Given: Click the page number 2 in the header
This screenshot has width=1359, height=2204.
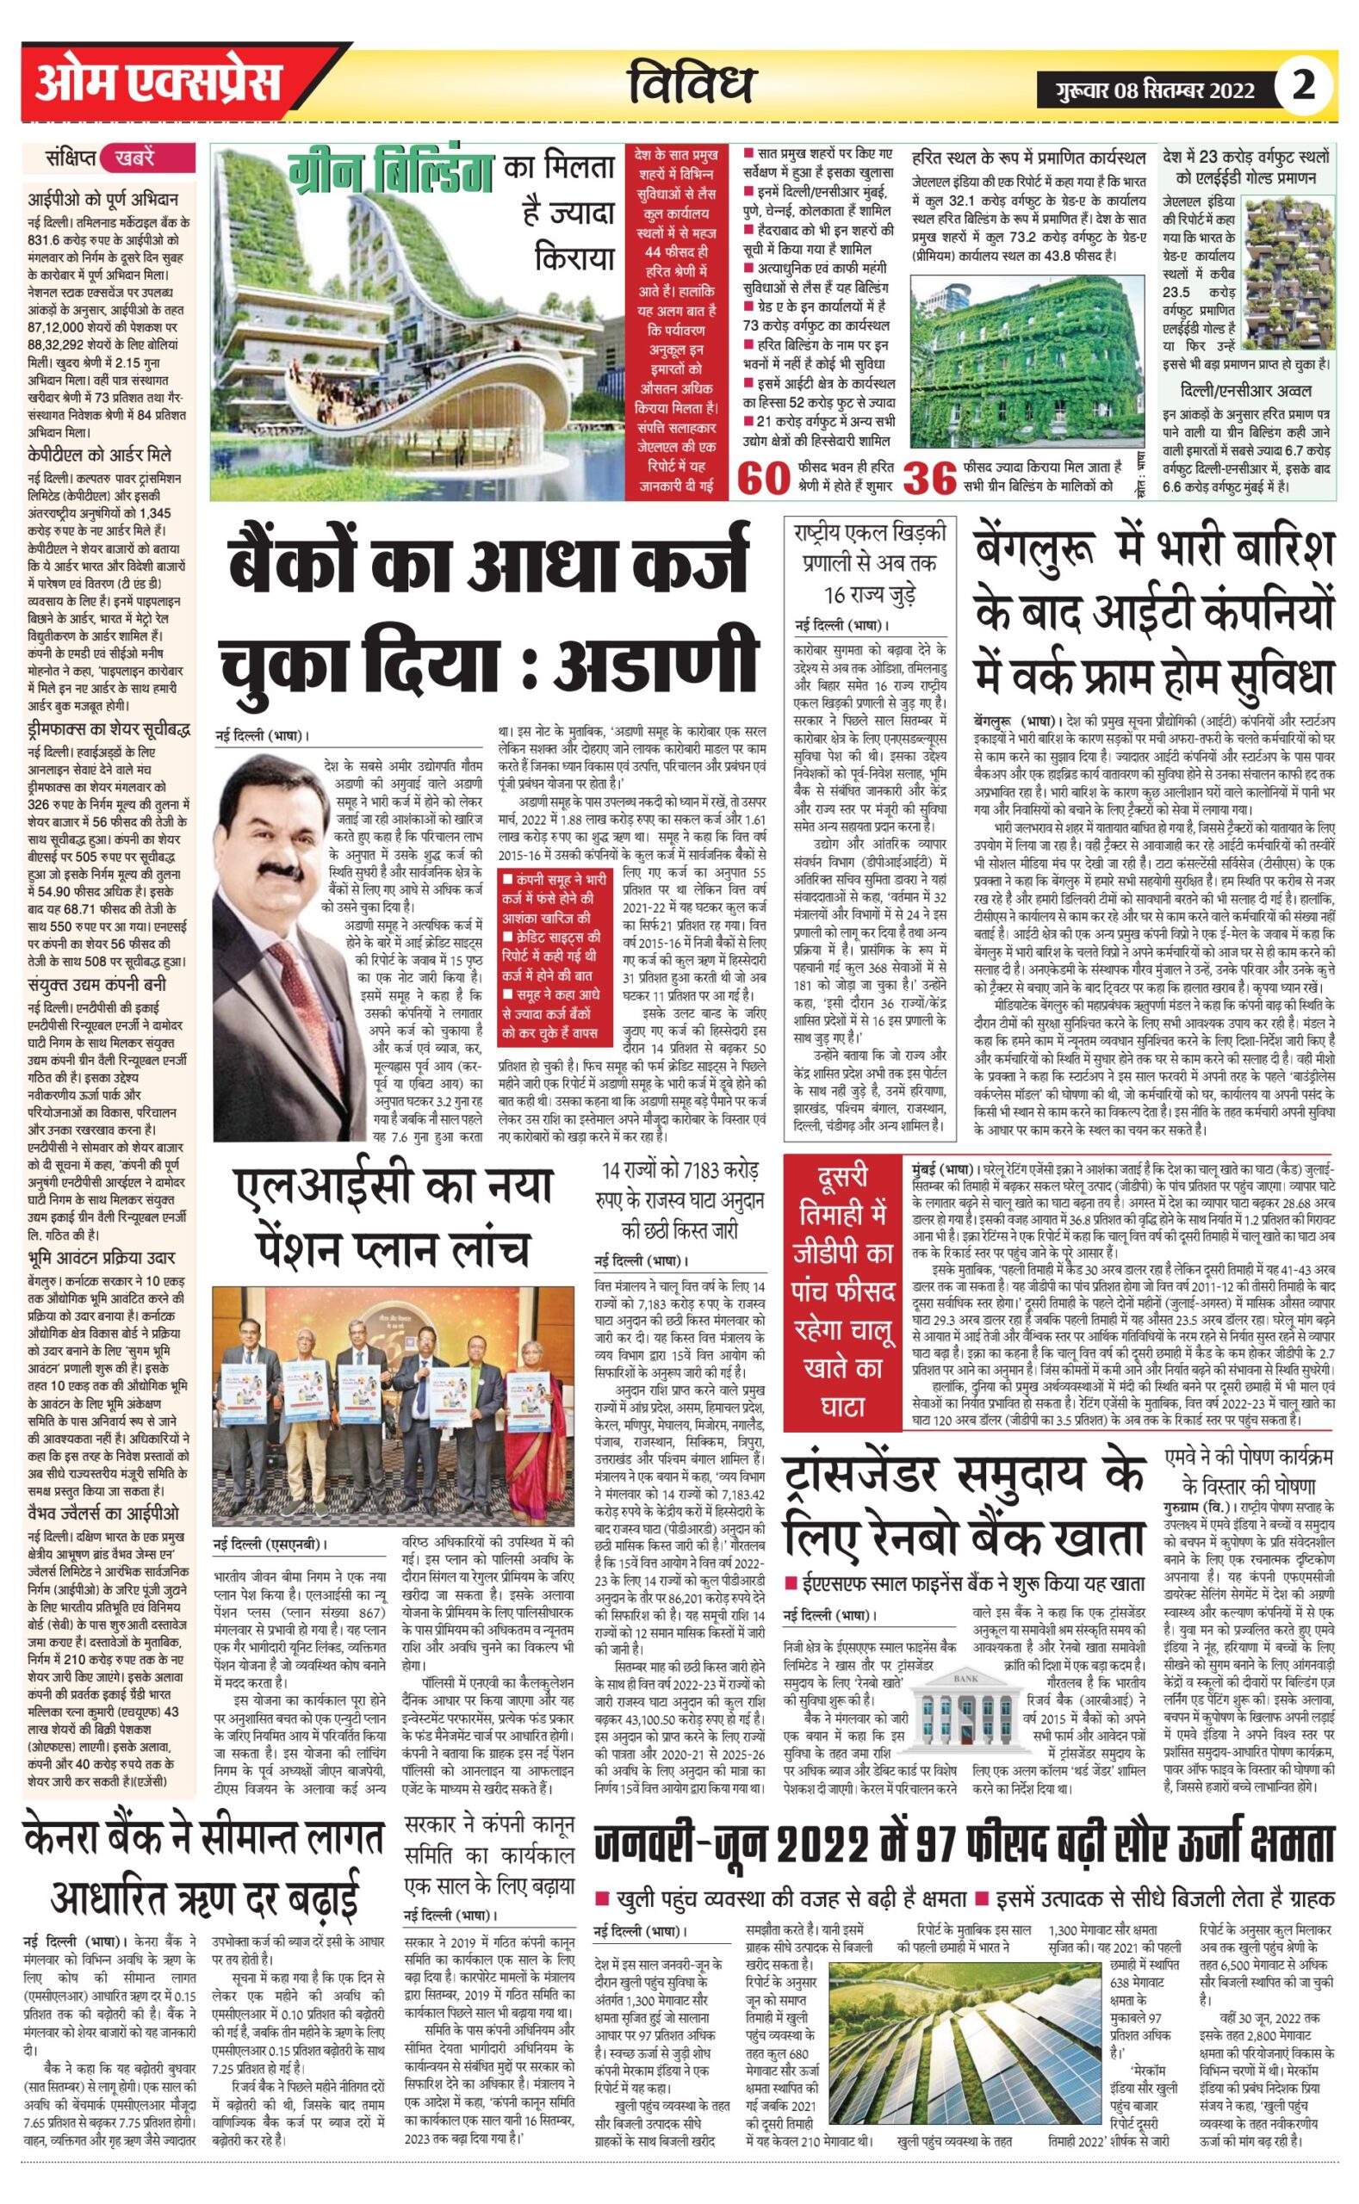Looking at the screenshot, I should pos(1302,86).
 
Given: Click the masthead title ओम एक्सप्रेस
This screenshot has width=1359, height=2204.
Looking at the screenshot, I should pos(158,84).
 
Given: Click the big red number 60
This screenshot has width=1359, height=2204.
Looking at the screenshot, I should pos(763,479).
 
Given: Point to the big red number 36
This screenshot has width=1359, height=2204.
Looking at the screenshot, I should pos(929,479).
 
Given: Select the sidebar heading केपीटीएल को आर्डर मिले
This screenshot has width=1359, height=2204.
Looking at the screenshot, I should pos(100,455).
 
